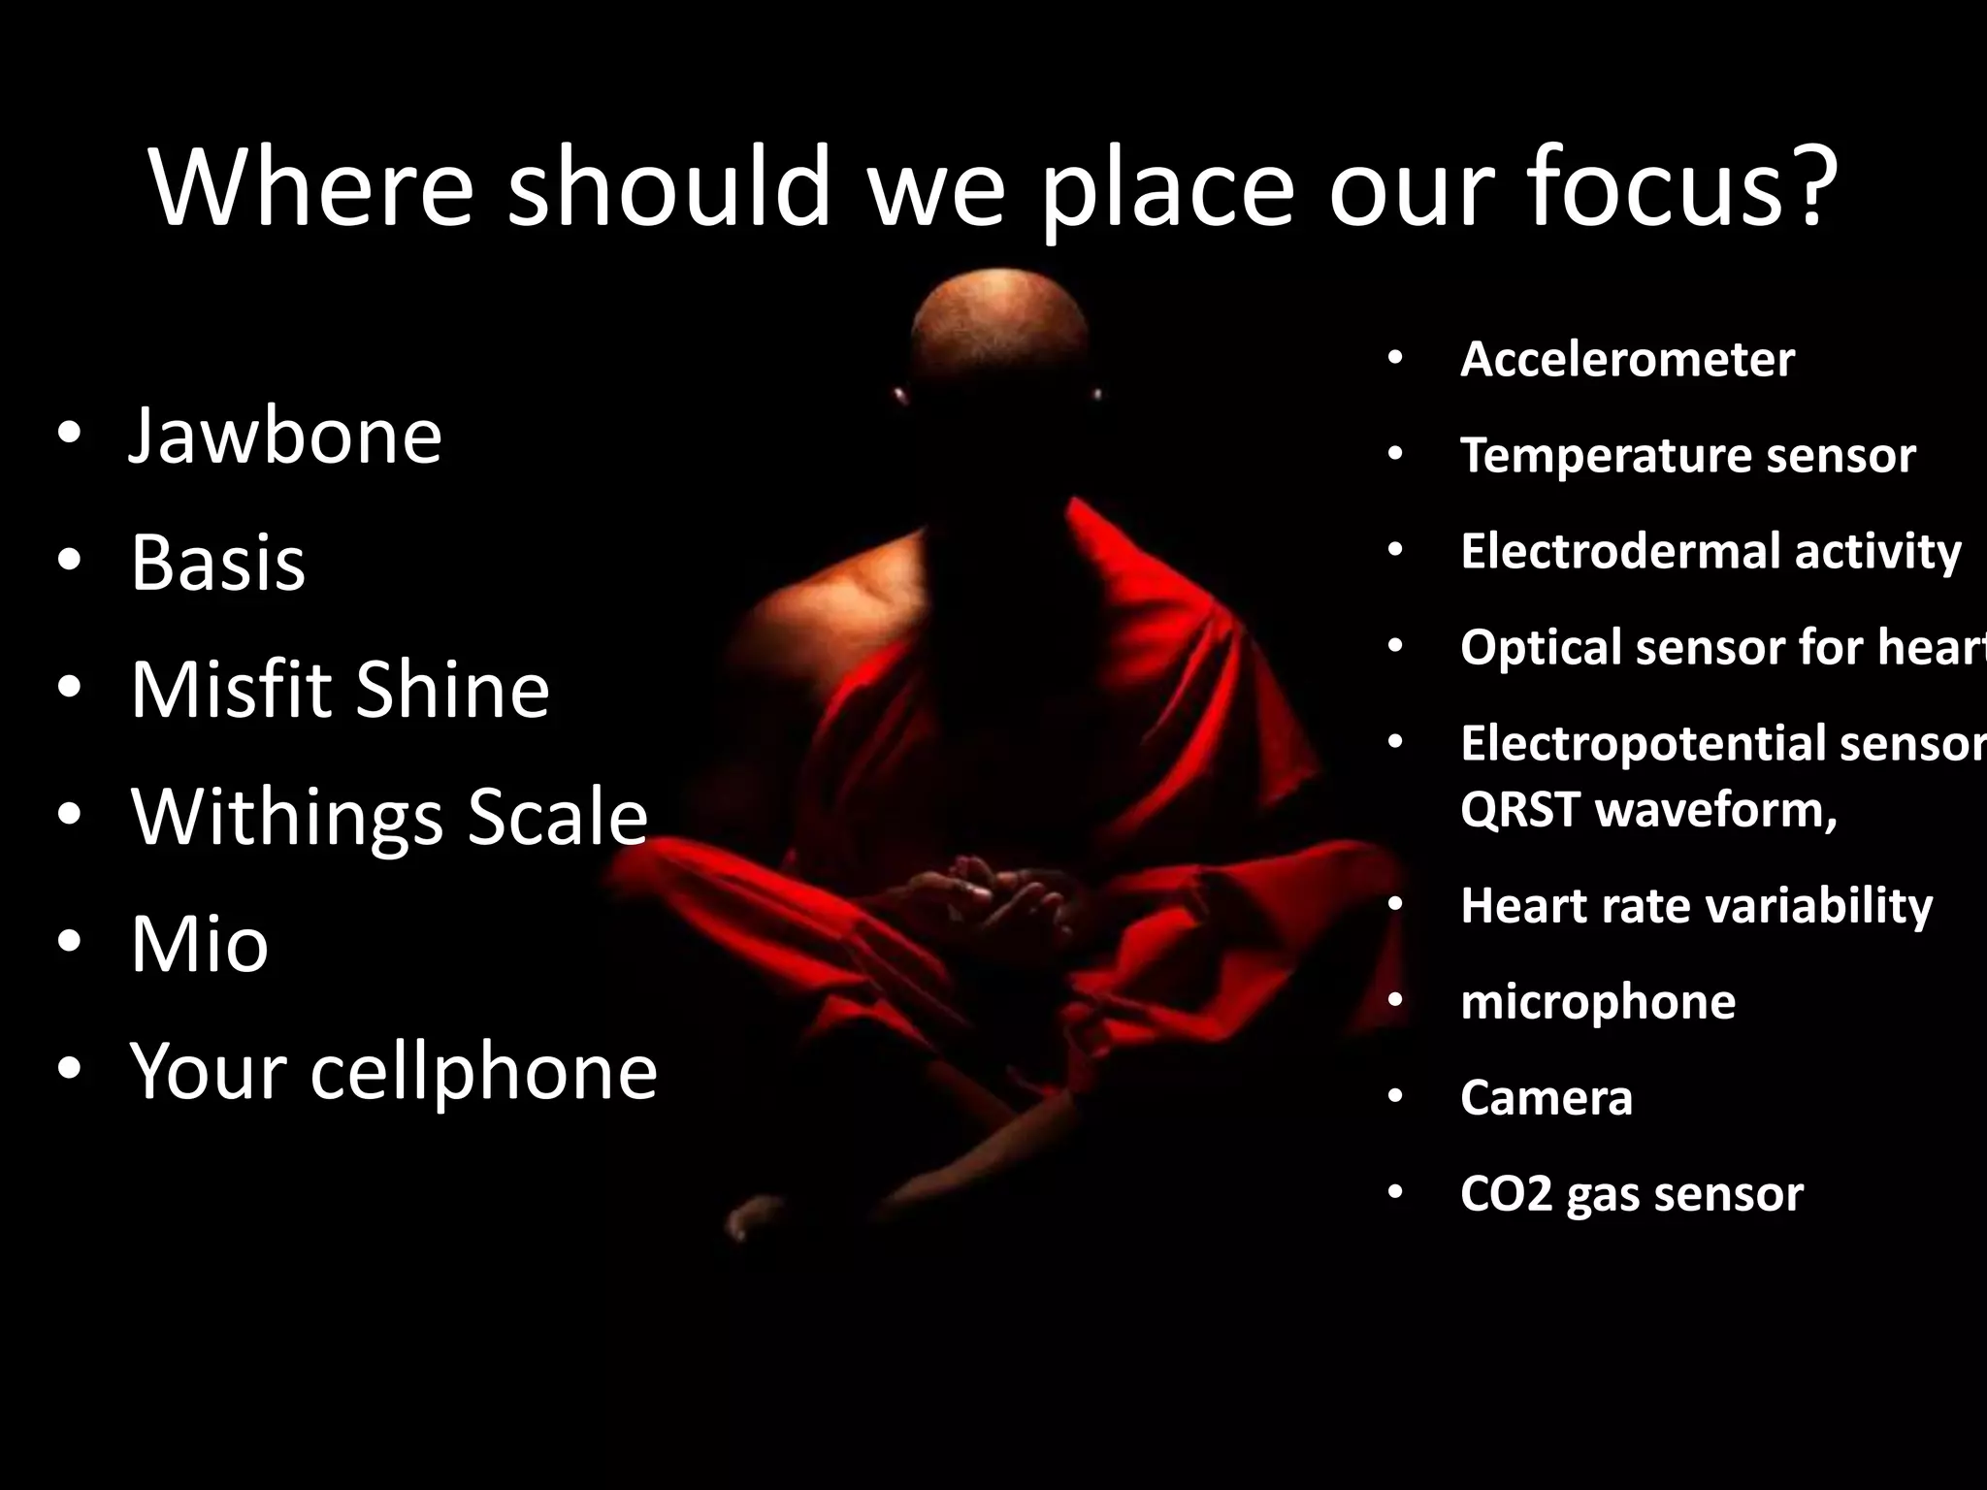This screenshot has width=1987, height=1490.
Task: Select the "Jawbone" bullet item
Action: coord(285,436)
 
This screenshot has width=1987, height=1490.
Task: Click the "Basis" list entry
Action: coord(217,563)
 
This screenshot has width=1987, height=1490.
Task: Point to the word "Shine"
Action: coord(452,689)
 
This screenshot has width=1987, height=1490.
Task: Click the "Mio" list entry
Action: coord(199,944)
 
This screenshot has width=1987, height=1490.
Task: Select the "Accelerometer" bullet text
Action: coord(1627,359)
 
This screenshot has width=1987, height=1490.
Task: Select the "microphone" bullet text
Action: coord(1597,1001)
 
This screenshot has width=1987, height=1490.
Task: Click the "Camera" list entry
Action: coord(1546,1097)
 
